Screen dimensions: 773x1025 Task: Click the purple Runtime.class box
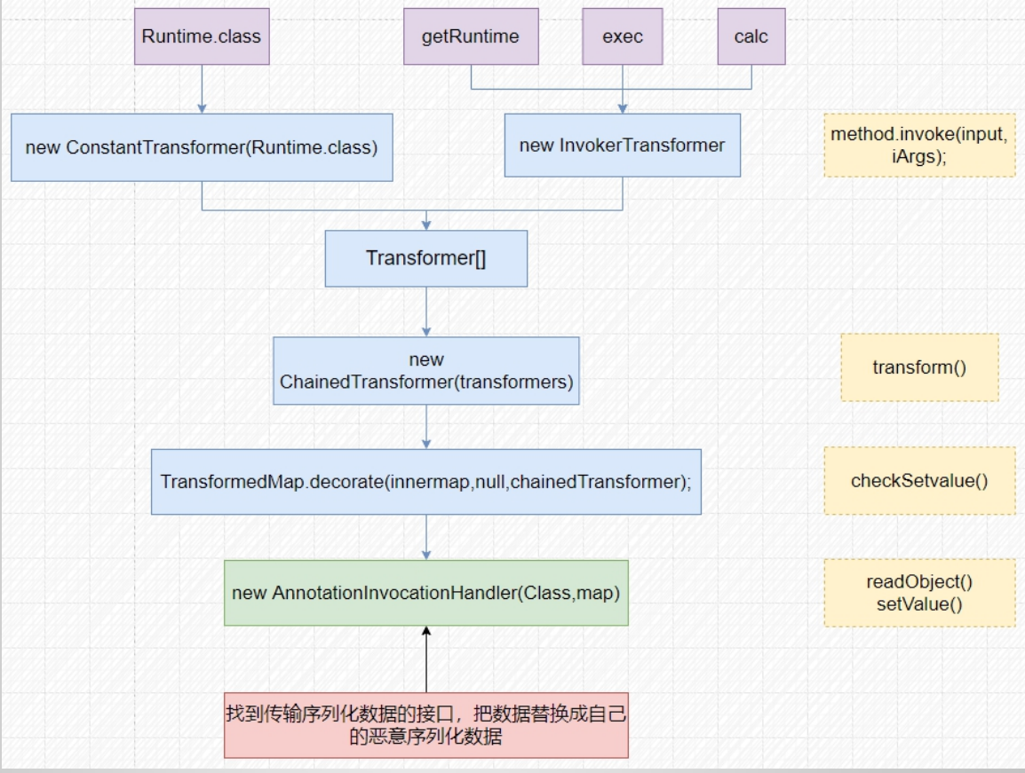pyautogui.click(x=202, y=36)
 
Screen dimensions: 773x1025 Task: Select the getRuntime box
pyautogui.click(x=470, y=36)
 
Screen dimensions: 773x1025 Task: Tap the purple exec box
pyautogui.click(x=622, y=36)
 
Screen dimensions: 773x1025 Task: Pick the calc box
pyautogui.click(x=751, y=36)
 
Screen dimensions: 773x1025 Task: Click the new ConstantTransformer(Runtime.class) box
pyautogui.click(x=202, y=147)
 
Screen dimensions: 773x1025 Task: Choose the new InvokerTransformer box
pyautogui.click(x=622, y=145)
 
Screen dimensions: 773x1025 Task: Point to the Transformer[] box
pyautogui.click(x=426, y=258)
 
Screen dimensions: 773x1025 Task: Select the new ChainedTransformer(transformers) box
pyautogui.click(x=426, y=371)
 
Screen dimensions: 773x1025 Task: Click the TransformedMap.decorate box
pyautogui.click(x=426, y=482)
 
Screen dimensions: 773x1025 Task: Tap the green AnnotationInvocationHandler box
pyautogui.click(x=426, y=593)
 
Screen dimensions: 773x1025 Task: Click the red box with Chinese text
pyautogui.click(x=426, y=725)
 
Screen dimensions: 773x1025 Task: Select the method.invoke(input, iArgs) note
pyautogui.click(x=919, y=145)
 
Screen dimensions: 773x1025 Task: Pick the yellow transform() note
pyautogui.click(x=919, y=367)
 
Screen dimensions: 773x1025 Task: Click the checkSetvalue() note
pyautogui.click(x=919, y=481)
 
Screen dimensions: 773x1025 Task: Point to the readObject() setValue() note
pyautogui.click(x=919, y=593)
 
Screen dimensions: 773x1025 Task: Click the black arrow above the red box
pyautogui.click(x=426, y=659)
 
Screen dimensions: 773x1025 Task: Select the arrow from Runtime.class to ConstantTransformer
pyautogui.click(x=202, y=89)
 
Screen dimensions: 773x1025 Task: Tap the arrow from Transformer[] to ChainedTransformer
pyautogui.click(x=426, y=312)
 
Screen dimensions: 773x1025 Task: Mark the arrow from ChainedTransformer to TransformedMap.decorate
pyautogui.click(x=426, y=427)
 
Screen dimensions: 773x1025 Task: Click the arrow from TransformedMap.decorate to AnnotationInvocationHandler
pyautogui.click(x=426, y=537)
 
